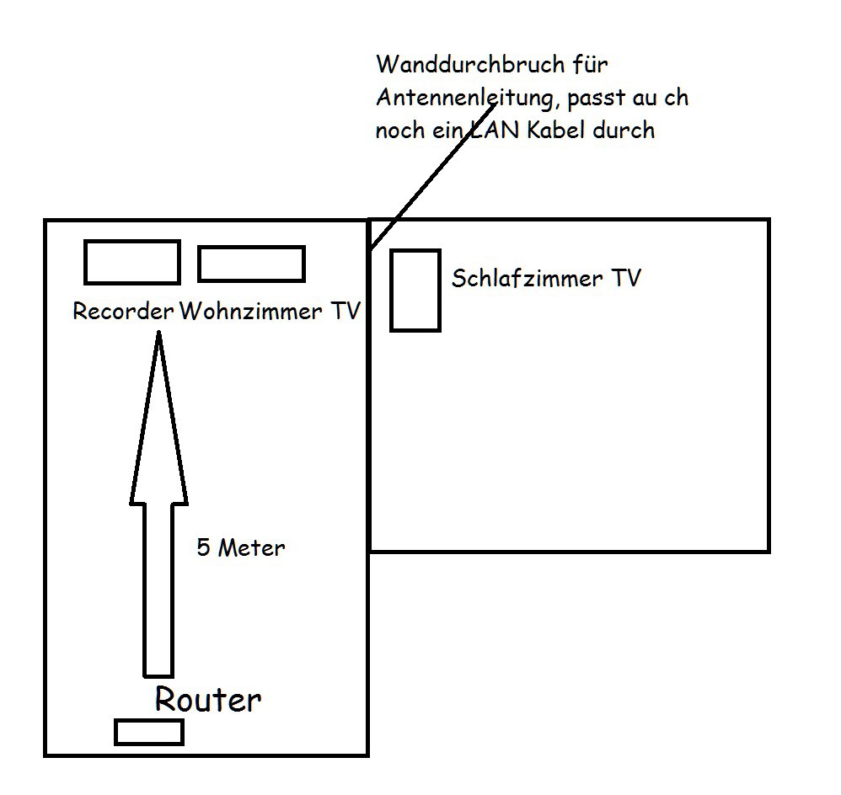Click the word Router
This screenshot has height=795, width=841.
(207, 700)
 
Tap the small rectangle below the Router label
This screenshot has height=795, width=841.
(149, 732)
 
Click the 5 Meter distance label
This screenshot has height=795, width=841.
(241, 548)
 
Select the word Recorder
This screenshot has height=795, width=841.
(123, 312)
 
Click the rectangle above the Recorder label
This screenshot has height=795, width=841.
(131, 262)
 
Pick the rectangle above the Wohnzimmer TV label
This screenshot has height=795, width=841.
(251, 264)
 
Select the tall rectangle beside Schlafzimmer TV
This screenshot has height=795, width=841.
(415, 291)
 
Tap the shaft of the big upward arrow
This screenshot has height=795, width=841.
(158, 590)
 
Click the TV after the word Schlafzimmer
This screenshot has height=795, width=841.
(626, 279)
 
